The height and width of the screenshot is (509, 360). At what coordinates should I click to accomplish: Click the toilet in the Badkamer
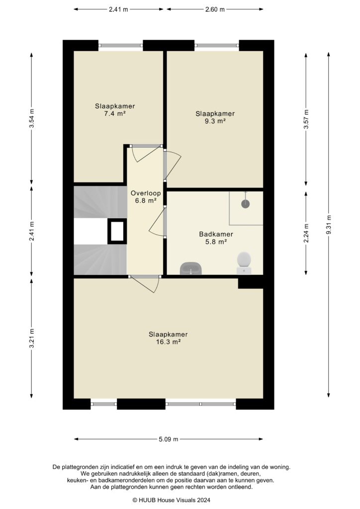244,263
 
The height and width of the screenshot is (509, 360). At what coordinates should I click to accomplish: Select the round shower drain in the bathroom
246,204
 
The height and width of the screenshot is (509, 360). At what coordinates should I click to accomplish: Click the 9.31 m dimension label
329,225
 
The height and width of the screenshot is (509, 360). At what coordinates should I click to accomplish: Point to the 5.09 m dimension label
169,439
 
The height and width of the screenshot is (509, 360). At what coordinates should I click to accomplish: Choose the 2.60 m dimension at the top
215,9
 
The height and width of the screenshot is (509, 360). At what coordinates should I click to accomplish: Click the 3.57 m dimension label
306,119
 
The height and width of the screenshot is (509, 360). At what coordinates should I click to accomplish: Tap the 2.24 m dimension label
306,233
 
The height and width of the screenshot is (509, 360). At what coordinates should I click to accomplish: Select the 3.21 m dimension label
31,338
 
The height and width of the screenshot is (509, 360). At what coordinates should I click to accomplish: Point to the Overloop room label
146,193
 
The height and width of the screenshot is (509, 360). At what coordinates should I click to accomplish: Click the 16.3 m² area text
168,342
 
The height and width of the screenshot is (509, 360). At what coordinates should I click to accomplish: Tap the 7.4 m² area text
115,114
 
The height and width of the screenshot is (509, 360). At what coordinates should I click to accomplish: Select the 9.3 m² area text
215,121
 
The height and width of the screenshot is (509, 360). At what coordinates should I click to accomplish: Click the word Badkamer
216,234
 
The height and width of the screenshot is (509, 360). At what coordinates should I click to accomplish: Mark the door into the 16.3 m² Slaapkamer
145,283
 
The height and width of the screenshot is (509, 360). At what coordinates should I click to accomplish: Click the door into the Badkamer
158,222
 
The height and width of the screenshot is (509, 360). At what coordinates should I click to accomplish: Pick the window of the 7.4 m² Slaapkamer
120,45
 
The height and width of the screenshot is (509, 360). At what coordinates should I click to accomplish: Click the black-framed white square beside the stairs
117,231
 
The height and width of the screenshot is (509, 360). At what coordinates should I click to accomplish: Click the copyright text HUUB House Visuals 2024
172,500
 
